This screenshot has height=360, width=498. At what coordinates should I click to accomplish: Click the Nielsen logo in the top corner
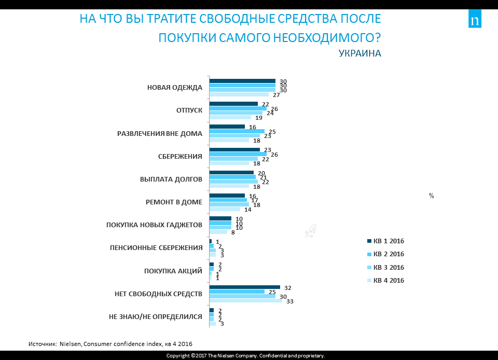point(475,20)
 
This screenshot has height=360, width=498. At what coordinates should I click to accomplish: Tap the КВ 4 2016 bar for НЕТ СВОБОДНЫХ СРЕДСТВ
point(245,300)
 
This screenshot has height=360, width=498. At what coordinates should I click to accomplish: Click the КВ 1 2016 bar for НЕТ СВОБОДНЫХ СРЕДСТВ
point(244,287)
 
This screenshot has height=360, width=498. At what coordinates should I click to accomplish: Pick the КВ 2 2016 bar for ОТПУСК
point(238,108)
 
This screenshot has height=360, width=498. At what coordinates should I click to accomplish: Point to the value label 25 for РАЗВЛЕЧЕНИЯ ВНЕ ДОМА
point(272,132)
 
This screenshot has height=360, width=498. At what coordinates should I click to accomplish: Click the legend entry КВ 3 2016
point(386,268)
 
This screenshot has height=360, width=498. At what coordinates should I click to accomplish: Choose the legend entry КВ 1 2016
point(386,241)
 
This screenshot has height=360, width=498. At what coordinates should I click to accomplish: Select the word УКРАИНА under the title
point(359,53)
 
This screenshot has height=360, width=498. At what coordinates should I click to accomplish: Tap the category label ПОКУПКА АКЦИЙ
point(173,271)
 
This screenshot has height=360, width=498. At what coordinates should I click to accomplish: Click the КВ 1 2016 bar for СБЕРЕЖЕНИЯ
point(234,149)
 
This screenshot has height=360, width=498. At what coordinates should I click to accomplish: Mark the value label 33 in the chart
point(290,301)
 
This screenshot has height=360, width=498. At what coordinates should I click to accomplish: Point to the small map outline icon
point(310,231)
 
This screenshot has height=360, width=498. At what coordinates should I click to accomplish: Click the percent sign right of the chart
point(431,196)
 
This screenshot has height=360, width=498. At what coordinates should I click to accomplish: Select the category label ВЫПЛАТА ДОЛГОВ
point(171,179)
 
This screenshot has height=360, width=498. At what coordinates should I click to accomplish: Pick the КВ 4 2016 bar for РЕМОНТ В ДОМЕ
point(225,209)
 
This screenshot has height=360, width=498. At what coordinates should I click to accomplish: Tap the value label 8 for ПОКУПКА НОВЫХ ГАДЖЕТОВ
point(233,233)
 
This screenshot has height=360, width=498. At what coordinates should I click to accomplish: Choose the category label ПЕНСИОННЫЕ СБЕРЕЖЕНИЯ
point(156,248)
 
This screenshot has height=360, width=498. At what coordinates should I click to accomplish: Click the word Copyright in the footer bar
point(177,356)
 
